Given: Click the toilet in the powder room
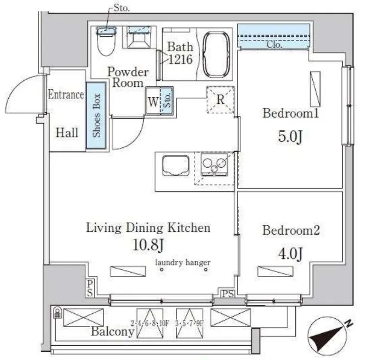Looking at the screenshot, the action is click(x=106, y=41).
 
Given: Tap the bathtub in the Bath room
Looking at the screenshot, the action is click(x=216, y=54).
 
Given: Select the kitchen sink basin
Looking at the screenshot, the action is click(x=176, y=166).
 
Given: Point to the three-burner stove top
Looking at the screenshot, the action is click(x=214, y=164).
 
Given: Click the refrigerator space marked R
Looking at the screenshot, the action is click(x=221, y=99).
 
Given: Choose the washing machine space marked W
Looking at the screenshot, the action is click(x=153, y=102).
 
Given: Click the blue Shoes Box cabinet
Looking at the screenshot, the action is click(x=96, y=115).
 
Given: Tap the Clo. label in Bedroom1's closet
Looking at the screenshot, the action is click(x=274, y=45).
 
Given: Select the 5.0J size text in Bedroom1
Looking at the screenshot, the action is click(x=290, y=136).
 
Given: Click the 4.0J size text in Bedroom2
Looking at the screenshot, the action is click(x=290, y=253).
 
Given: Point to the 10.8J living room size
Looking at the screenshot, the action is click(x=148, y=245).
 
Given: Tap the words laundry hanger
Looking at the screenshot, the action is click(x=183, y=262).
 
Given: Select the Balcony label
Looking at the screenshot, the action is click(x=113, y=331).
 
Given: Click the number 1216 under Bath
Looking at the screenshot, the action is click(x=181, y=59).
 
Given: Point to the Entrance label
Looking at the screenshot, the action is click(x=66, y=95).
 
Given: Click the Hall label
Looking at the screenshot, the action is click(x=67, y=133).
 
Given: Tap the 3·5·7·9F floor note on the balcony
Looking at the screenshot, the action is click(x=189, y=323).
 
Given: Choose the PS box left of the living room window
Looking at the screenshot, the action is click(x=90, y=289).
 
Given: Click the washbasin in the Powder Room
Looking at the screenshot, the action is click(x=139, y=37).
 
